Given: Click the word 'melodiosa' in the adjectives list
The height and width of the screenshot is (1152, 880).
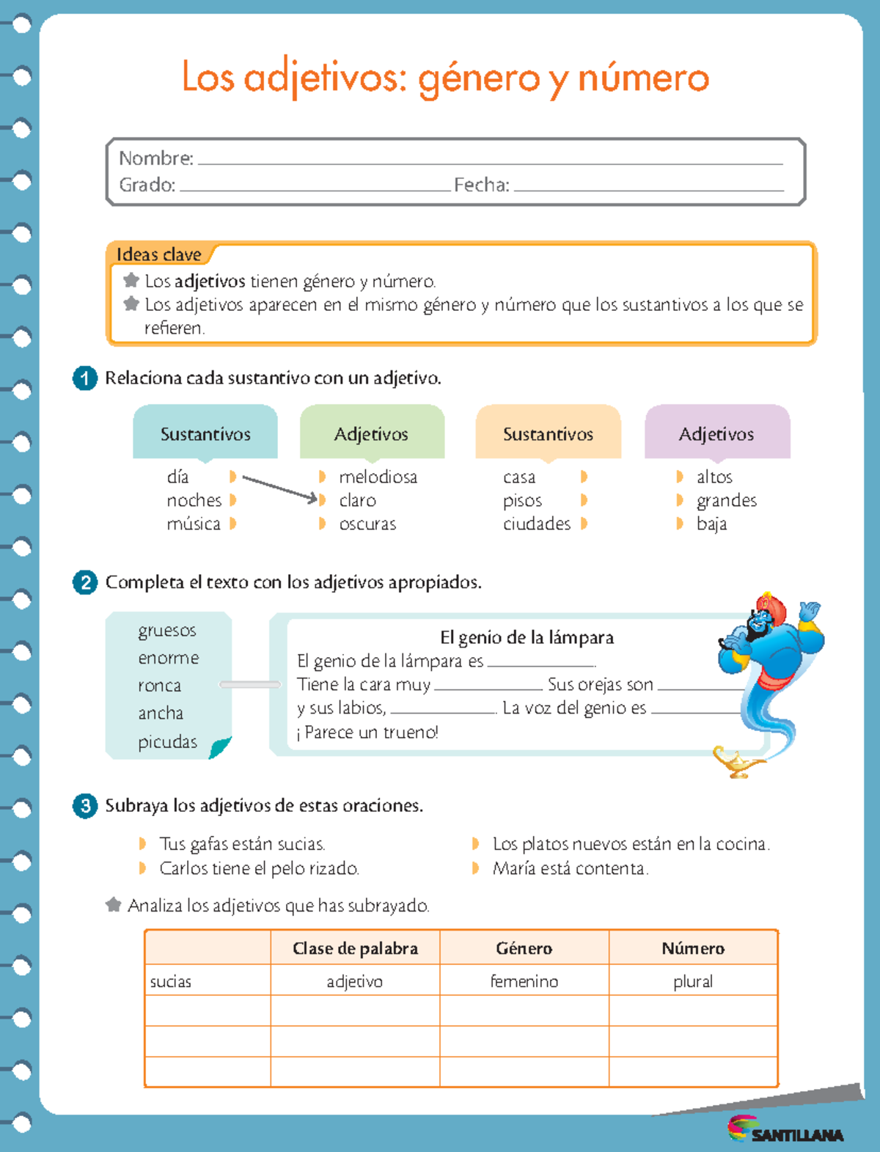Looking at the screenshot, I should click(378, 477).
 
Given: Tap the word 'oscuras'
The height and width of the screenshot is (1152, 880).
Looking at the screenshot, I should click(367, 524).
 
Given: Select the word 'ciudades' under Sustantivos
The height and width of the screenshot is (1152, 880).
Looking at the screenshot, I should click(536, 524).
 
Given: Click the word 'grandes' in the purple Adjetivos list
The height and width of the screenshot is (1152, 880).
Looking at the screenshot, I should click(726, 501).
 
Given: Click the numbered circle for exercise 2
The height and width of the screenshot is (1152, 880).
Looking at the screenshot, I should click(85, 583).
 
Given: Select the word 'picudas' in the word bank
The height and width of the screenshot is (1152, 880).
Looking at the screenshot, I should click(167, 742).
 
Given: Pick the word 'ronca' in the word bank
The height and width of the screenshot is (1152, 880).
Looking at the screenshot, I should click(159, 686).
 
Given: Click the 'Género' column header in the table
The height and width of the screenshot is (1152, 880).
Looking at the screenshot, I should click(524, 948).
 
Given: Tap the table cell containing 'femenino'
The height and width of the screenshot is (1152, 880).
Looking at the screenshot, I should click(524, 981).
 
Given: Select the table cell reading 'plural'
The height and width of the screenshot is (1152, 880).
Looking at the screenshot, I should click(692, 981).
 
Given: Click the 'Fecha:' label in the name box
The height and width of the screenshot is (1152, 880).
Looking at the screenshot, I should click(481, 185).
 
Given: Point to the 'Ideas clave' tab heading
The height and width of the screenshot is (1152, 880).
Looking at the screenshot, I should click(159, 254).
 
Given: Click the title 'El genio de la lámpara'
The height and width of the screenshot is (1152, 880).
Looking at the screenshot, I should click(527, 637).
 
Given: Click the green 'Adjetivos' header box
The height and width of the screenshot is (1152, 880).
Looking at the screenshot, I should click(372, 434).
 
